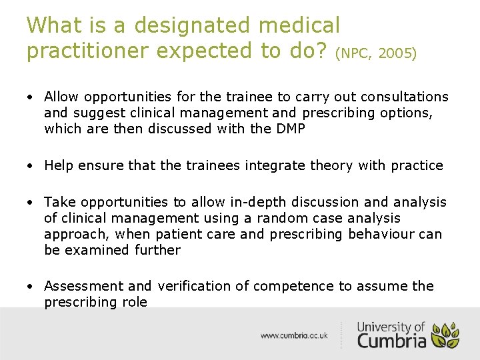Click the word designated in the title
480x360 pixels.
tap(193, 27)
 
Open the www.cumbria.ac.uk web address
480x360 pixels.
tap(294, 335)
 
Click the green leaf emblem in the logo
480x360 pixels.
tap(445, 335)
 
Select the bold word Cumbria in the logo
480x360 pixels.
tap(391, 340)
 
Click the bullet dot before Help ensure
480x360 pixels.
tap(31, 166)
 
